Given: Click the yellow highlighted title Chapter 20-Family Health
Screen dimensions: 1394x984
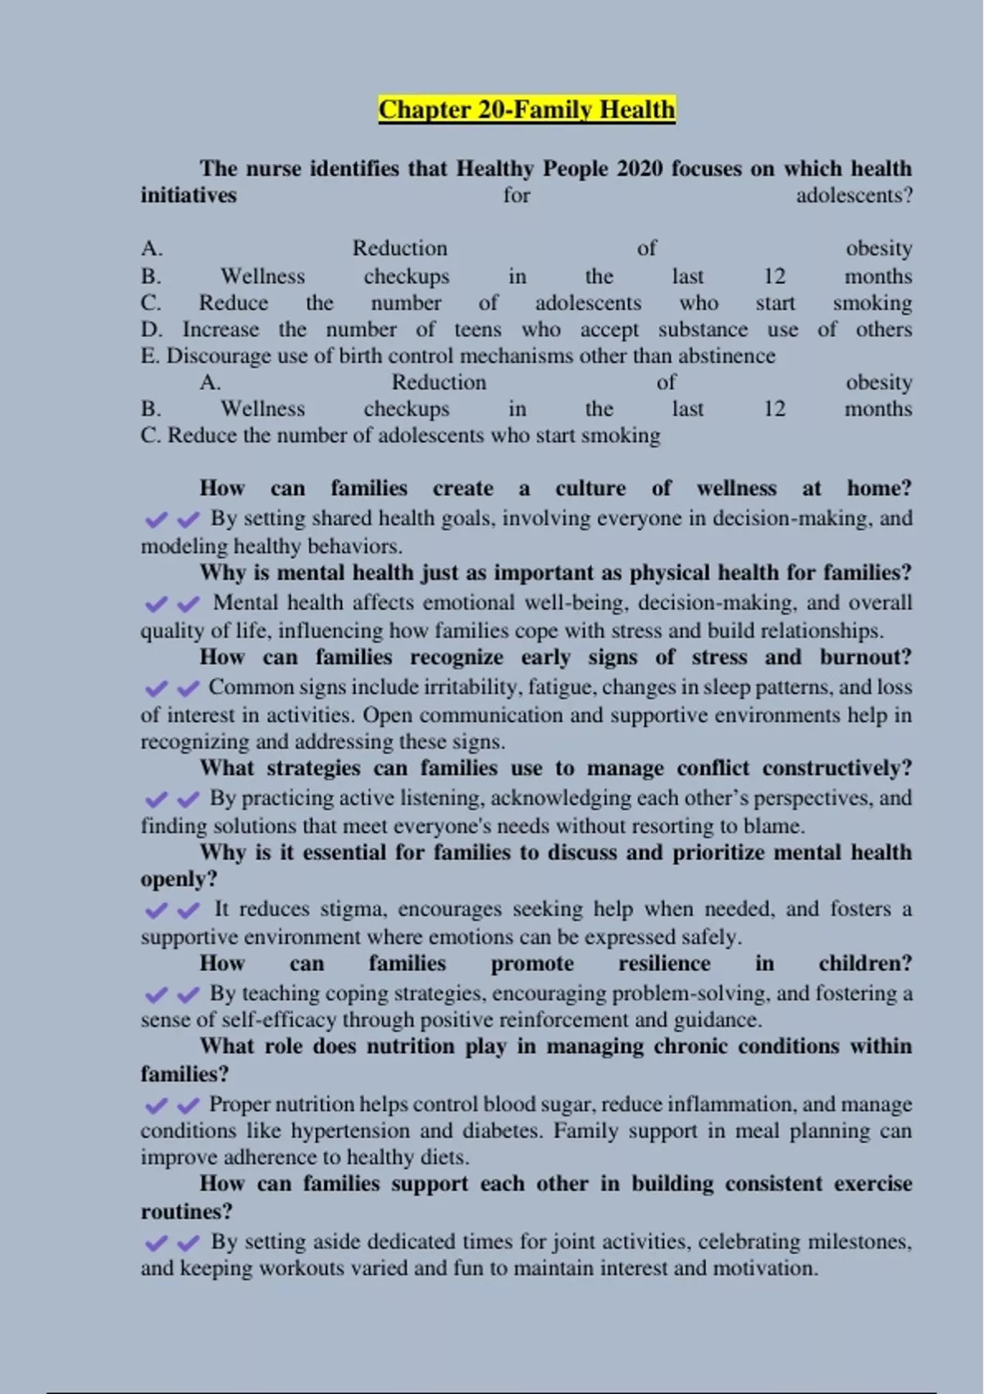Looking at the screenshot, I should click(526, 110).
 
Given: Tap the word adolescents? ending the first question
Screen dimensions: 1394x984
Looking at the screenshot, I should click(854, 196).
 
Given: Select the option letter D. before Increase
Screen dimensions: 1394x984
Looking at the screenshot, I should click(152, 330).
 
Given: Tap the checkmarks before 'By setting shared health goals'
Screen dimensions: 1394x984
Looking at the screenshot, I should click(172, 520).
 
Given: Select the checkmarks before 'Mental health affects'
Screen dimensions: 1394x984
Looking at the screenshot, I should click(172, 604).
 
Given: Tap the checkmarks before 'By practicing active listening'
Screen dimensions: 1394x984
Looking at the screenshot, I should click(172, 799).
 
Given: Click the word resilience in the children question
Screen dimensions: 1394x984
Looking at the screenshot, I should click(664, 963).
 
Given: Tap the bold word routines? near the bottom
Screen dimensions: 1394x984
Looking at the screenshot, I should click(186, 1211).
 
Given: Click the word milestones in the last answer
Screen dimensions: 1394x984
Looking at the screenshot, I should click(858, 1241).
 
